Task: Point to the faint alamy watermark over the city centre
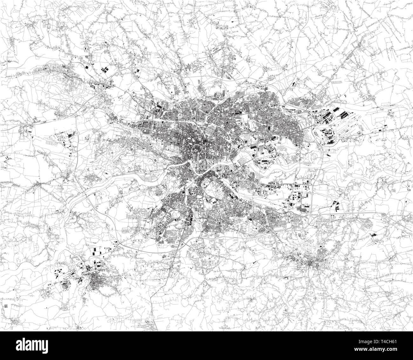tap(207, 178)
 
